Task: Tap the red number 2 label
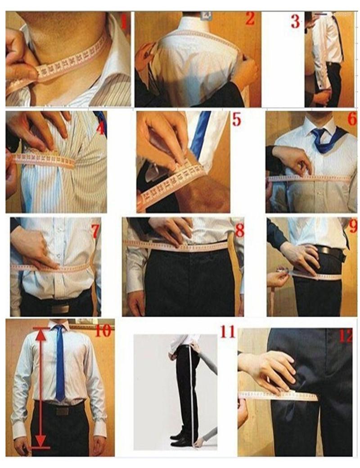coord(250,18)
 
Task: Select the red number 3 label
coord(295,21)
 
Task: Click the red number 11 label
coord(228,332)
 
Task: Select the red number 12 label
coord(345,336)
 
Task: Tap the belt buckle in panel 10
coord(62,410)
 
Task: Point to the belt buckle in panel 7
coord(59,309)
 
